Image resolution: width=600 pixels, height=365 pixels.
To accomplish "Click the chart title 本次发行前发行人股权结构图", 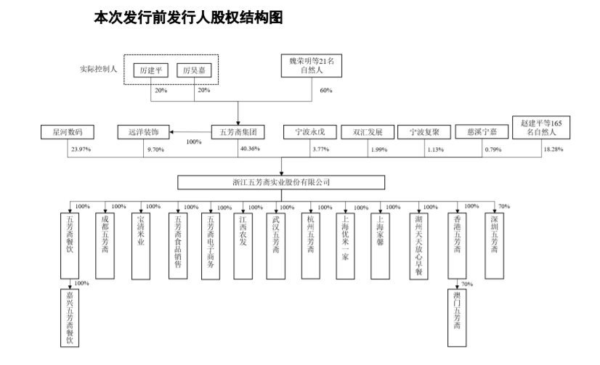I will [x=187, y=17].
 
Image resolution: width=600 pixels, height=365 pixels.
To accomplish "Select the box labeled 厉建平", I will [x=151, y=70].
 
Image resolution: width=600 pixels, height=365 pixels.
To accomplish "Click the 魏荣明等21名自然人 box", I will [x=311, y=67].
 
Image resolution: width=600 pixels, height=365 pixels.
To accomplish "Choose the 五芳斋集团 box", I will [x=238, y=132].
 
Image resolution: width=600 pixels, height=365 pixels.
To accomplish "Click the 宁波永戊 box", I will [x=309, y=132].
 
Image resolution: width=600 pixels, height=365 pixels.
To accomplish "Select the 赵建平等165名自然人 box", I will [x=541, y=128].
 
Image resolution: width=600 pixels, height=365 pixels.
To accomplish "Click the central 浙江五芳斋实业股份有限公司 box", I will [x=280, y=182].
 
